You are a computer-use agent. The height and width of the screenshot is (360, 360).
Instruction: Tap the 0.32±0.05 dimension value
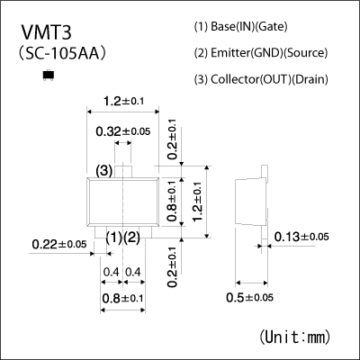(123, 131)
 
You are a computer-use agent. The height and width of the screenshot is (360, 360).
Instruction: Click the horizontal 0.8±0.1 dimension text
(122, 298)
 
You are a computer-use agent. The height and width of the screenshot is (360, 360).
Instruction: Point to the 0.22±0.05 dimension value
(58, 244)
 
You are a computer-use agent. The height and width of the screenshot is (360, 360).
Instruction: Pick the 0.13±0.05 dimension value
(301, 237)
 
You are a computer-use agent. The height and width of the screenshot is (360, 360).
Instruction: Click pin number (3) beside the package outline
(103, 171)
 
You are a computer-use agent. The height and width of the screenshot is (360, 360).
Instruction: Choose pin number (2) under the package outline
(131, 237)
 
